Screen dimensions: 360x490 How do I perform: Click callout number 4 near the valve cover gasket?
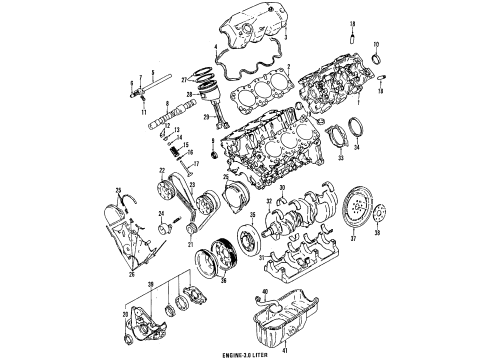pyautogui.click(x=215, y=46)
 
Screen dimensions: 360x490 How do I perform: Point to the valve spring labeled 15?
pyautogui.click(x=182, y=152)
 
